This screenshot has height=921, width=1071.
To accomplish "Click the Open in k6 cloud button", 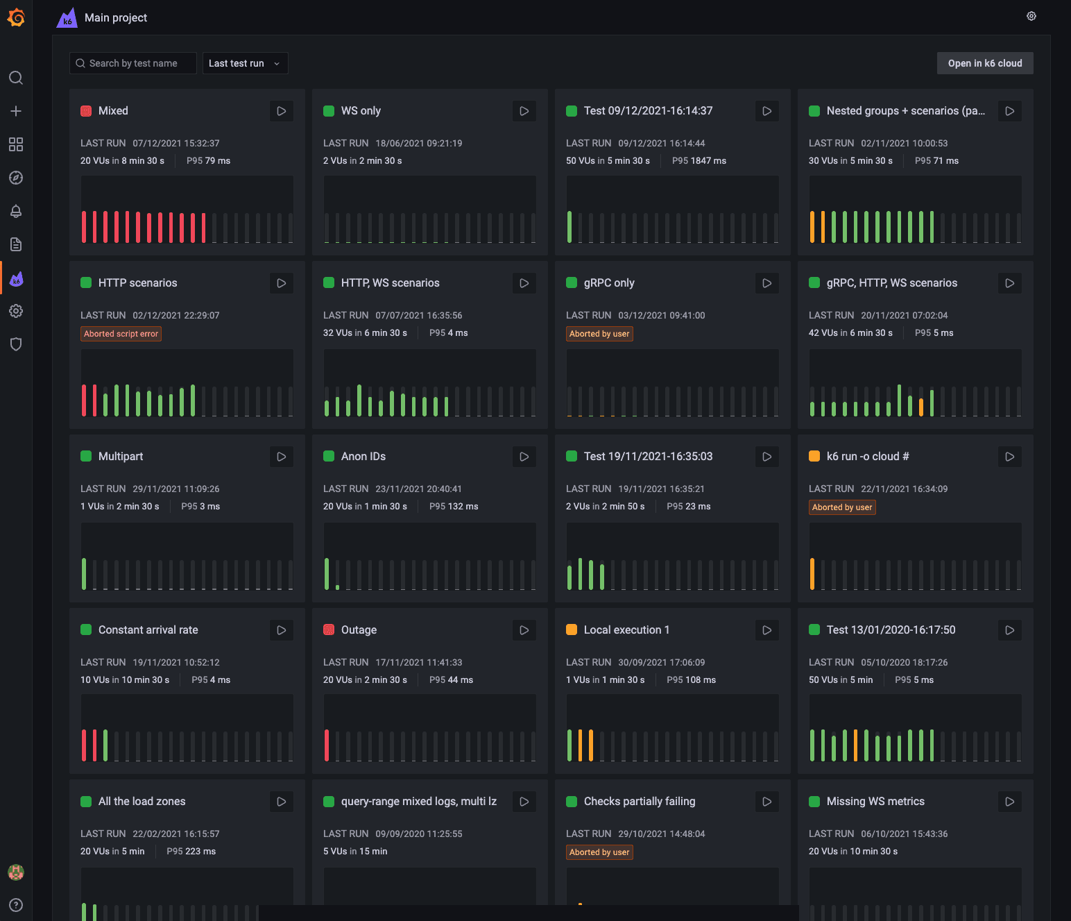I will [984, 63].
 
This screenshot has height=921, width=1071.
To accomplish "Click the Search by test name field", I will [133, 63].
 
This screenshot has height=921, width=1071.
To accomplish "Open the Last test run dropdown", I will [245, 63].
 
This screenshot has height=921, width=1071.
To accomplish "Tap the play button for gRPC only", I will [766, 283].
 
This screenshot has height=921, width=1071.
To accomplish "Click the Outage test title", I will [359, 630].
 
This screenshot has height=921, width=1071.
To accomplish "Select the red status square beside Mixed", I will [86, 111].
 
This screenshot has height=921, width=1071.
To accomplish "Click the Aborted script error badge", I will [121, 334].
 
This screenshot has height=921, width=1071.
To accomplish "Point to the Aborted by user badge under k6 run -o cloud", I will [842, 507].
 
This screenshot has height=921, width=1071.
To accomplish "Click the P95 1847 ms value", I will [699, 161].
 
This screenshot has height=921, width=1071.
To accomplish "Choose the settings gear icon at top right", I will [1031, 17].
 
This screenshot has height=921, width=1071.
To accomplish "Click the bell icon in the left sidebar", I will [16, 211].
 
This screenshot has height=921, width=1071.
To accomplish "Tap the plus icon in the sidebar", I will [16, 111].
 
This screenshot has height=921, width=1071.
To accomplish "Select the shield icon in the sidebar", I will [16, 344].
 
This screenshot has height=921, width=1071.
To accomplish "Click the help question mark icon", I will [16, 905].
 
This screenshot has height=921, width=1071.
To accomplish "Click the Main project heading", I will [116, 18].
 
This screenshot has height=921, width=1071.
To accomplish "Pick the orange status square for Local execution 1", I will [572, 630].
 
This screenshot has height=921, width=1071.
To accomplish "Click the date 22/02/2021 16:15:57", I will [176, 834].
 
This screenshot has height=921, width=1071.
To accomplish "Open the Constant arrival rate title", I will [148, 630].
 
